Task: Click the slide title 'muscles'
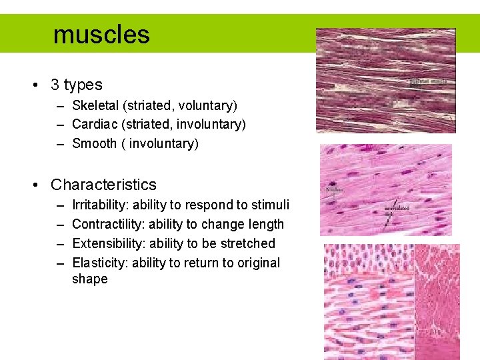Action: [x=101, y=34]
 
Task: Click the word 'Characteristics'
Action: [x=103, y=185]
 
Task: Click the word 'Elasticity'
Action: [x=100, y=263]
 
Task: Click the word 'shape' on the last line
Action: [x=89, y=279]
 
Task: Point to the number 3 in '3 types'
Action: [x=55, y=85]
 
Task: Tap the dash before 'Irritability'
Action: [x=61, y=205]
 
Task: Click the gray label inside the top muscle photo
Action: [x=428, y=82]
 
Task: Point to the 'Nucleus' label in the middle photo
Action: [x=335, y=190]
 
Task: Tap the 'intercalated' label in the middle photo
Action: [x=397, y=208]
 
